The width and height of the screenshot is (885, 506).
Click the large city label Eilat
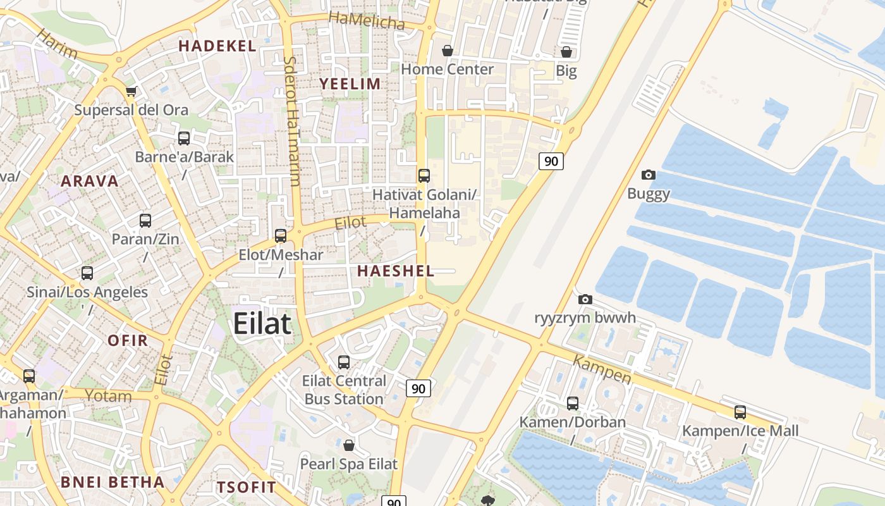coord(262,324)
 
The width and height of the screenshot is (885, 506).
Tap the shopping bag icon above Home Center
coord(448,51)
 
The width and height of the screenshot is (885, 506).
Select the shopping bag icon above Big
coord(566,52)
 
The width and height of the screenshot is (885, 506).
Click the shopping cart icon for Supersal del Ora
coord(131,91)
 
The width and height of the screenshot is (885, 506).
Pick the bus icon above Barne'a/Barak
coord(184,138)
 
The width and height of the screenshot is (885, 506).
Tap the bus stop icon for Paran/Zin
coord(145,221)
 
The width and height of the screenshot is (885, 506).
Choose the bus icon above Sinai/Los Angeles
coord(87,273)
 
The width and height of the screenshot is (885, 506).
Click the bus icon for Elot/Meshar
coord(281,236)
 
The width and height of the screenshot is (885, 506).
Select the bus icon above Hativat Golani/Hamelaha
coord(424,175)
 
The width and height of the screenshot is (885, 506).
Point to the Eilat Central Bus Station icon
coord(344,362)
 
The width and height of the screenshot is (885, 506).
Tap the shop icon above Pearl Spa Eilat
coord(348,445)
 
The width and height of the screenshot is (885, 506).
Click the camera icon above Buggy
coord(648,175)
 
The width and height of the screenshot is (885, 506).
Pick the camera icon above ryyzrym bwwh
coord(585,299)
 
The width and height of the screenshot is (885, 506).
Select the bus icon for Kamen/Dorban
coord(573,403)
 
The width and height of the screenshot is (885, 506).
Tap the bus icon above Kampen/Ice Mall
coord(740,412)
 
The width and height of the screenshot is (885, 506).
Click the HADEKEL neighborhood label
coord(217,46)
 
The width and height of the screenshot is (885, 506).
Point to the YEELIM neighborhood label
coord(350,84)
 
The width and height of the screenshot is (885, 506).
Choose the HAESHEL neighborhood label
coord(396,271)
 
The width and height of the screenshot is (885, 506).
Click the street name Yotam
coord(108,397)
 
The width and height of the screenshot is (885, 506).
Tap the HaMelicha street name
coord(367,20)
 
